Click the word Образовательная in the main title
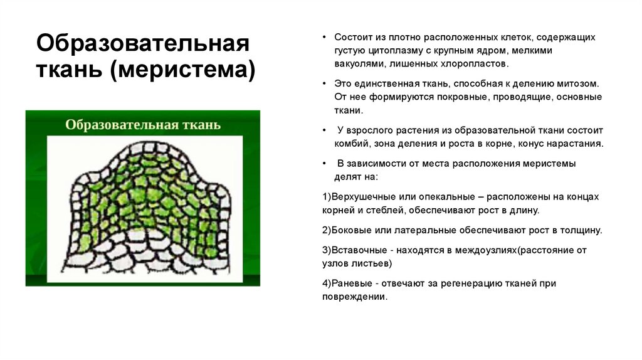pyautogui.click(x=142, y=45)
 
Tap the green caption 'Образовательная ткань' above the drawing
pyautogui.click(x=143, y=124)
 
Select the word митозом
pyautogui.click(x=577, y=83)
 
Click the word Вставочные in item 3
pyautogui.click(x=355, y=250)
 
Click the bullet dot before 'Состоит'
pyautogui.click(x=324, y=38)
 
